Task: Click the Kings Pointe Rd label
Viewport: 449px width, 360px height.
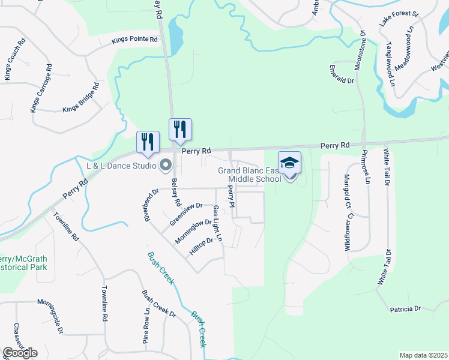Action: [134, 40]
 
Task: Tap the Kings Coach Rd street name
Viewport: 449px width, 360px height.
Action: [14, 60]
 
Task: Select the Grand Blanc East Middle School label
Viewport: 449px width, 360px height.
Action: [249, 175]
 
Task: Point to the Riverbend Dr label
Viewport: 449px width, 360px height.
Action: [150, 206]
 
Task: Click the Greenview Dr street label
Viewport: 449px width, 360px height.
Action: [185, 214]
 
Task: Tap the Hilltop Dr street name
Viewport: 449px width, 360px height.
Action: [202, 246]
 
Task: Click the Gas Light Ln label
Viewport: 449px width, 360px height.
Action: [217, 223]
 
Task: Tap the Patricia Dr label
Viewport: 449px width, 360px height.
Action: [405, 308]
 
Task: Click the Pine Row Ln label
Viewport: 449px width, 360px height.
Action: [146, 326]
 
